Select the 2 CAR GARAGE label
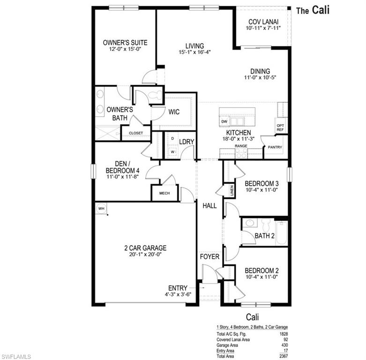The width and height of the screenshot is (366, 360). tap(145, 248)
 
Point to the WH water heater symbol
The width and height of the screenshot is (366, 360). tap(101, 208)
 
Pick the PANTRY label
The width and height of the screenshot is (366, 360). tap(275, 147)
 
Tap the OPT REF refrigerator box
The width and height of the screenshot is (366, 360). tap(281, 127)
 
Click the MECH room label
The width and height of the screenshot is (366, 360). tap(164, 193)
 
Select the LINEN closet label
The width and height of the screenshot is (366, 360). tap(232, 190)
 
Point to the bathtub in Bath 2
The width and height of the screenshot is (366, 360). tap(281, 232)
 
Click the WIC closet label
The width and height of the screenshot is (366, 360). tap(174, 112)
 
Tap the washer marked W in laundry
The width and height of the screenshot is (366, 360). tap(172, 152)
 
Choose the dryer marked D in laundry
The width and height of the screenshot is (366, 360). tap(172, 139)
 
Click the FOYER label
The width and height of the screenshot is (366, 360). tap(209, 257)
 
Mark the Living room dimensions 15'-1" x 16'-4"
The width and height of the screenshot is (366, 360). tap(194, 52)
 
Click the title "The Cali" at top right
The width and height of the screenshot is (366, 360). tap(313, 11)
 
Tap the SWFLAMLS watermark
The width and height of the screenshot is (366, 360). tap(16, 356)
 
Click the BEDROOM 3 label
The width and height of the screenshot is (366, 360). tap(262, 183)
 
